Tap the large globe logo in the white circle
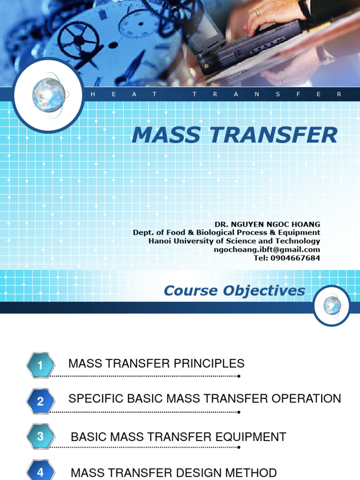click(48, 95)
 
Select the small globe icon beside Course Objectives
click(332, 306)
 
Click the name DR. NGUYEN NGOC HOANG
click(267, 225)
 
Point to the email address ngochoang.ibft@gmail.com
click(267, 249)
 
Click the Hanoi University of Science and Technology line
click(234, 241)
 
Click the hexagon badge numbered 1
click(40, 366)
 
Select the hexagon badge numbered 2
click(40, 401)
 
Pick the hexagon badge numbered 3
click(40, 436)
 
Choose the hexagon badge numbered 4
click(40, 472)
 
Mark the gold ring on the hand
click(257, 13)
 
